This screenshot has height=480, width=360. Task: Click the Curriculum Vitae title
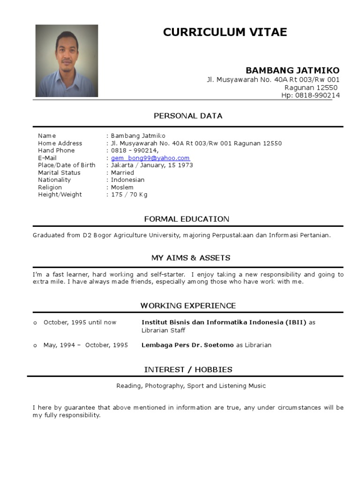coord(225,32)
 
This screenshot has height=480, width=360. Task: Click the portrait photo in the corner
coord(67,61)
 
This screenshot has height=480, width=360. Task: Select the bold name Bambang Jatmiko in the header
coord(292,70)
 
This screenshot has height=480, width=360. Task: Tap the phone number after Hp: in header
coord(317,95)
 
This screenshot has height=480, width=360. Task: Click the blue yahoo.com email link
coord(150,158)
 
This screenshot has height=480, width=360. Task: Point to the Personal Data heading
coord(188,116)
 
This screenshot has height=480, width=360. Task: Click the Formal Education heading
coord(187,219)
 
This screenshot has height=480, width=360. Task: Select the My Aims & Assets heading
coord(190,258)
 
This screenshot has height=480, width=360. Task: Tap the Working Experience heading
coord(188,306)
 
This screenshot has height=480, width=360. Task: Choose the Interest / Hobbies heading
coord(188,369)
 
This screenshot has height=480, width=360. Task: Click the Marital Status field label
coord(59,172)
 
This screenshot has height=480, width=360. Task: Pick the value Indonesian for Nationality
coord(127,180)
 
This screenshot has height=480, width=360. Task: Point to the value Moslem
coord(122,187)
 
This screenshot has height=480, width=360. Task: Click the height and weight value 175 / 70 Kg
coord(129,195)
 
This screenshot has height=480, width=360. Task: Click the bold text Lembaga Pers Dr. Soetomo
coord(187,345)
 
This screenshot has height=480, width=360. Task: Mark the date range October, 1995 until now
coord(80,322)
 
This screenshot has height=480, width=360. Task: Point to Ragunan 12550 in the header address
coord(311,88)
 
